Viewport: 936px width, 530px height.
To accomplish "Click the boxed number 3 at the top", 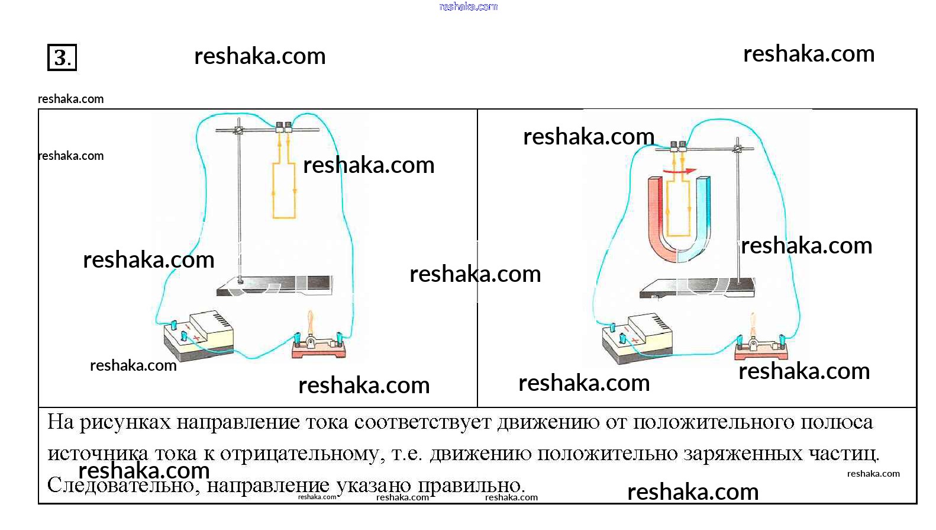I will tap(62, 57).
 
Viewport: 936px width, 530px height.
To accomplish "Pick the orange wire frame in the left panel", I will tap(283, 189).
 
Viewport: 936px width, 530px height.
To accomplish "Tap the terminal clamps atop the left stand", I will tap(283, 126).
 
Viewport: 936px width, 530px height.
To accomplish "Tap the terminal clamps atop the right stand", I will tap(677, 145).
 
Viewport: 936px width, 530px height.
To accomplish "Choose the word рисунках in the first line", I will tap(125, 423).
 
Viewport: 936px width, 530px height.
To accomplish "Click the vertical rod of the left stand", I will tap(239, 207).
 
